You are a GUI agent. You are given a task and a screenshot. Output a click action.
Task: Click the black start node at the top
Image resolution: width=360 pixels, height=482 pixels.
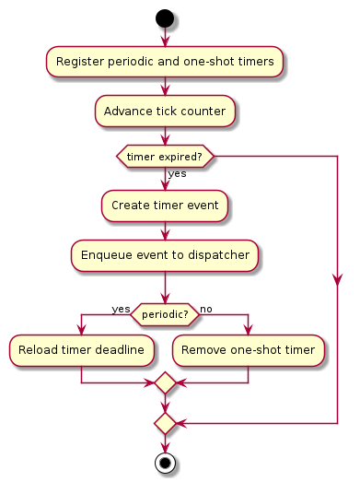tap(165, 18)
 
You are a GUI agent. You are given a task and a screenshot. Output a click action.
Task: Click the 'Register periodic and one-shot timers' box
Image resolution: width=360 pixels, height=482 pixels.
tap(165, 62)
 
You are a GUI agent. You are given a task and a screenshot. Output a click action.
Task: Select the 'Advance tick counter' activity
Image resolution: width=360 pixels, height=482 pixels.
tap(165, 112)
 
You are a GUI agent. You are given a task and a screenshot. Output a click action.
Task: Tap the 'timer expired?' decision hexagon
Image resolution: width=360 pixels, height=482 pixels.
tap(165, 158)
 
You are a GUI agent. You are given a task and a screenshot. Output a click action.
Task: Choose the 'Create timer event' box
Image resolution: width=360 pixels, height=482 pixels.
tap(165, 205)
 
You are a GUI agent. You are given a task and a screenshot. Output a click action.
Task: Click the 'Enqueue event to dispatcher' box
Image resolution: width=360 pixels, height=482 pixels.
tap(165, 254)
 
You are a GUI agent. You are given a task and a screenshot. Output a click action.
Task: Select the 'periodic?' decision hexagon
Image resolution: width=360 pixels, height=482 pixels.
tap(165, 314)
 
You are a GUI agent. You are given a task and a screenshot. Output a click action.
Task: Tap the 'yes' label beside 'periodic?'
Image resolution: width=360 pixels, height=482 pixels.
tap(121, 309)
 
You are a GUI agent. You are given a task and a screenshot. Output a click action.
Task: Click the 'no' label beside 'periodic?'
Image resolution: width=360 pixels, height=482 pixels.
tap(206, 309)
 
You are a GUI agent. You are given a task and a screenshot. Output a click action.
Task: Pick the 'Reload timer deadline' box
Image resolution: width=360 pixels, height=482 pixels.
tap(82, 350)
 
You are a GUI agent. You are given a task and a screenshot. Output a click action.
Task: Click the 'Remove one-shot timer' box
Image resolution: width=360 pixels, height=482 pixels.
tap(249, 350)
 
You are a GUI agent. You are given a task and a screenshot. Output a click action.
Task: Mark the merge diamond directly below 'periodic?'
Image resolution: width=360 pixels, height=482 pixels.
tap(165, 382)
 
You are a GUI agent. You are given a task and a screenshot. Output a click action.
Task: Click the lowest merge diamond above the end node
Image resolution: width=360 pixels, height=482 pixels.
tap(165, 423)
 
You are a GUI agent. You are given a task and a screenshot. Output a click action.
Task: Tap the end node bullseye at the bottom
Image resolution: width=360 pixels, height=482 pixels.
tap(165, 463)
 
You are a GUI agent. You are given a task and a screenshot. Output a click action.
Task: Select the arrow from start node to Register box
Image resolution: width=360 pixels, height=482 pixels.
tap(165, 37)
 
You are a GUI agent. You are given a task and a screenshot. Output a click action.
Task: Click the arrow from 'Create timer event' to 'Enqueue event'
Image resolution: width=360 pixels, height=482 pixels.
tap(165, 229)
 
